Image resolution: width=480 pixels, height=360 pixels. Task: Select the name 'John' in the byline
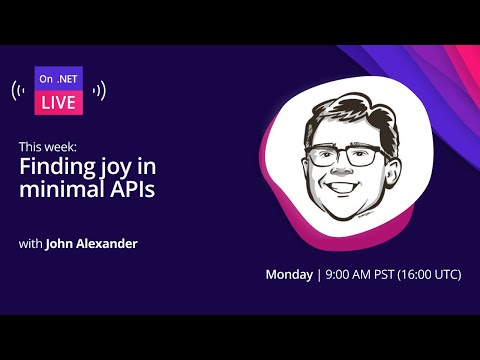tap(61, 242)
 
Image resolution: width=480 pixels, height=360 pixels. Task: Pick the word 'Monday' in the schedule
tap(288, 274)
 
